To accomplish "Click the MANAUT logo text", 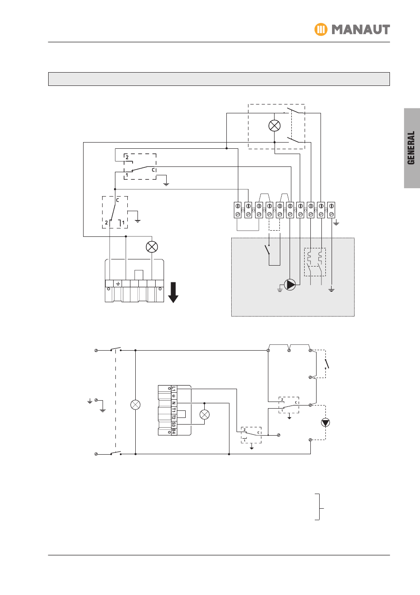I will (x=361, y=30).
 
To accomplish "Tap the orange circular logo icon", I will (x=321, y=30).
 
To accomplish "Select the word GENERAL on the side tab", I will (x=412, y=148).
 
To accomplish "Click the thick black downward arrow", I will (x=173, y=292).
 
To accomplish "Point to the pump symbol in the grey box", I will (x=290, y=284).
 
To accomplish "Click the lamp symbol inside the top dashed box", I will (x=275, y=125).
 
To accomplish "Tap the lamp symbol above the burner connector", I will (x=152, y=247).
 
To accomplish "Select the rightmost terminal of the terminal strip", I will (x=331, y=210).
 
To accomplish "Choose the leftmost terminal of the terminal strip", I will (x=237, y=210).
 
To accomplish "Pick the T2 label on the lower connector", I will (x=174, y=417).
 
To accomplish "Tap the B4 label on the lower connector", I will (x=174, y=430).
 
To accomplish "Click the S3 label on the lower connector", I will (x=174, y=424).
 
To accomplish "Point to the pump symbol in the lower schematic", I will (x=326, y=422).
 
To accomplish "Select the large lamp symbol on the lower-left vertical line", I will (x=135, y=405).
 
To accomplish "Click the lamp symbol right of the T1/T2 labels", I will (x=204, y=415).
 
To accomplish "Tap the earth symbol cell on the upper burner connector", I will (x=118, y=284).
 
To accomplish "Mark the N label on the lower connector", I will (x=174, y=403).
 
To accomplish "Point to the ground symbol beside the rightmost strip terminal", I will (x=336, y=224).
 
